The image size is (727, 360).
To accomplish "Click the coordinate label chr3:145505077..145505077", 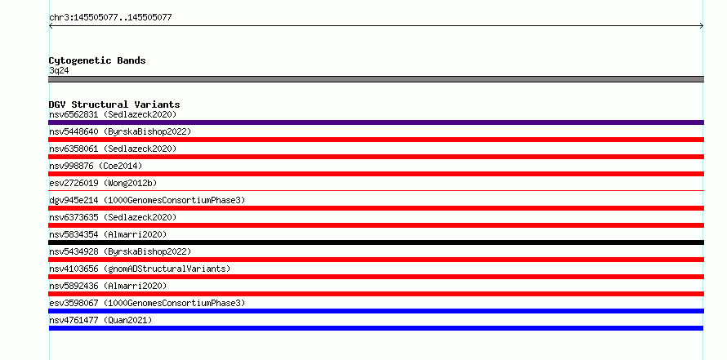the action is coord(110,18).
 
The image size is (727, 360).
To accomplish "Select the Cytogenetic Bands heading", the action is coord(97,60).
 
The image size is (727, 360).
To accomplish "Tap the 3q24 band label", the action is coord(59,71).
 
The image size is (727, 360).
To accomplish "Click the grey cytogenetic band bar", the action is coord(376,79).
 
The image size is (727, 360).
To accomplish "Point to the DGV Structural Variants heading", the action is coord(114,104).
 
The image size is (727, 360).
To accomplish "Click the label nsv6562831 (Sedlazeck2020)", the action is coord(113,114).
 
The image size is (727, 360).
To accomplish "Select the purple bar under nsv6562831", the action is coord(376,122).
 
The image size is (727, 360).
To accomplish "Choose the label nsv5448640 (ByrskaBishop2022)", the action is coord(120,131).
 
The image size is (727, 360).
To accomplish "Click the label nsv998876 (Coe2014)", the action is coord(96,166).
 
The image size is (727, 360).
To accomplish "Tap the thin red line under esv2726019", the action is coord(376,190).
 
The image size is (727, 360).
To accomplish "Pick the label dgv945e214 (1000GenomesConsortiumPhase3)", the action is coord(147,200).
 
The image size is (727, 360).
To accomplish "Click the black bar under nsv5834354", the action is coord(376,242).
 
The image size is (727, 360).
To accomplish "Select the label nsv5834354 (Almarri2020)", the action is coord(108,234).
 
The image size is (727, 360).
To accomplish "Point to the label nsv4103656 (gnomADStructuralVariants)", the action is coord(140,269).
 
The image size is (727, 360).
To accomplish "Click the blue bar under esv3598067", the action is coord(376,311).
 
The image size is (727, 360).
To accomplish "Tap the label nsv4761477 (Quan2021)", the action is coord(100,320).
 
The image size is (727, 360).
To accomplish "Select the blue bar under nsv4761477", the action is coord(376,328).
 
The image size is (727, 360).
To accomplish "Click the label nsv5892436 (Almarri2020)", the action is coord(108,286).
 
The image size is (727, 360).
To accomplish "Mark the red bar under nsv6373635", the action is coord(376,225).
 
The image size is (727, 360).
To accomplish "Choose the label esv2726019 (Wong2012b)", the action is coord(103,183).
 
